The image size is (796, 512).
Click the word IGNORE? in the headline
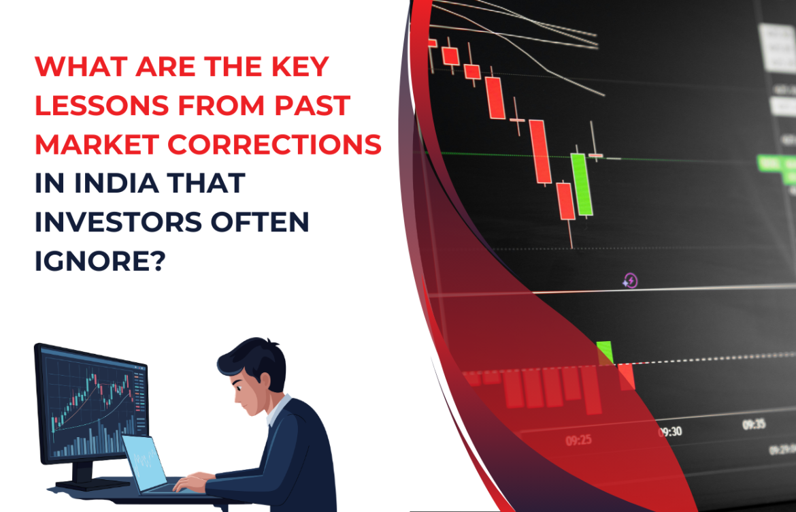[x=99, y=261]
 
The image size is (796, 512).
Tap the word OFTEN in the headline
[x=263, y=223]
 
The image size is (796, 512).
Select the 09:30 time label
[x=671, y=431]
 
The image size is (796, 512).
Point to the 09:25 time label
[x=578, y=441]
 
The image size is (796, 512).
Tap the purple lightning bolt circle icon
[x=631, y=281]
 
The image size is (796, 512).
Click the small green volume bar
[x=605, y=353]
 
